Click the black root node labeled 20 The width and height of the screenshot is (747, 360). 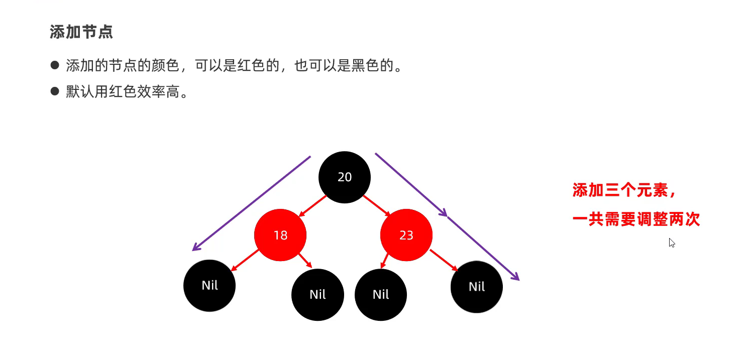click(x=345, y=177)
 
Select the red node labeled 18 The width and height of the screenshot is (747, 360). click(x=280, y=234)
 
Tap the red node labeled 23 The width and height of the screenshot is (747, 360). click(x=406, y=234)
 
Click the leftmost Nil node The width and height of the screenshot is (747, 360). click(x=209, y=285)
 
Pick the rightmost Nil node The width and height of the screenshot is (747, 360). click(x=476, y=287)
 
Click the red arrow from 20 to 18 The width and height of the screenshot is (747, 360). click(x=312, y=206)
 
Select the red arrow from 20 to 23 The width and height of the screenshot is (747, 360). click(x=376, y=205)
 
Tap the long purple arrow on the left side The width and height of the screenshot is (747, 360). click(x=251, y=203)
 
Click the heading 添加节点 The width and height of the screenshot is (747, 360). click(x=81, y=32)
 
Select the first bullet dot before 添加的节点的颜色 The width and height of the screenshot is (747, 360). click(x=55, y=65)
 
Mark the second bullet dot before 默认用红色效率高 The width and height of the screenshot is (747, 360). click(x=55, y=91)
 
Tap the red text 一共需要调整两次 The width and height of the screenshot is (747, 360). click(x=636, y=219)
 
